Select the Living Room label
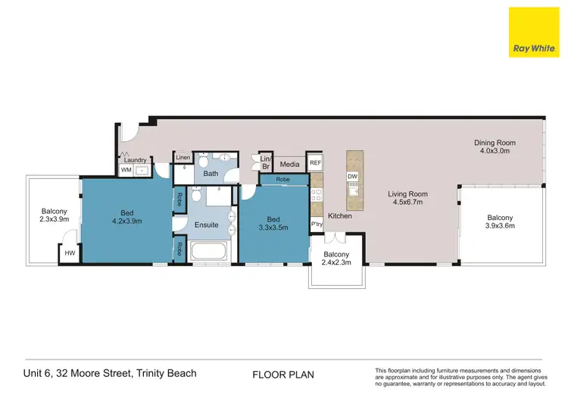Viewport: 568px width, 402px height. (x=408, y=193)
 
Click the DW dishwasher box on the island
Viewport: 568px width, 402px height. (x=352, y=177)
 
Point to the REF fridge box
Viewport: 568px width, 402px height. (x=315, y=162)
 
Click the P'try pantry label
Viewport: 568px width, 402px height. (x=317, y=225)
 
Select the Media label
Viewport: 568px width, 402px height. (x=289, y=164)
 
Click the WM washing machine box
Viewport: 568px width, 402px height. (x=126, y=171)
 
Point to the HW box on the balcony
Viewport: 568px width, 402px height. (x=70, y=253)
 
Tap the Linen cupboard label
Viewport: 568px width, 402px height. (x=183, y=158)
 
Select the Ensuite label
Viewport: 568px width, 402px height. (x=206, y=225)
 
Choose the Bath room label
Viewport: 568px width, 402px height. (x=211, y=174)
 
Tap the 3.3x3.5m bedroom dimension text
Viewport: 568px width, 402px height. (x=273, y=226)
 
